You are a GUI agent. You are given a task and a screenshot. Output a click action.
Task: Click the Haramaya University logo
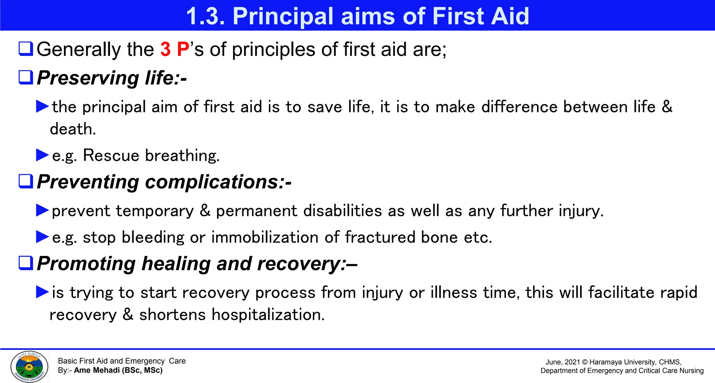click(x=29, y=367)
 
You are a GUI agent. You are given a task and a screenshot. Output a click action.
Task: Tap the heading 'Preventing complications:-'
click(x=164, y=182)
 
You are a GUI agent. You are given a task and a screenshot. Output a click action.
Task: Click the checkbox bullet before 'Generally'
click(x=26, y=49)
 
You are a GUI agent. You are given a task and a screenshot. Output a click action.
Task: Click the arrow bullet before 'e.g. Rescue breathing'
click(x=42, y=155)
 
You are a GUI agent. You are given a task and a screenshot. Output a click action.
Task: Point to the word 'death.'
click(x=73, y=129)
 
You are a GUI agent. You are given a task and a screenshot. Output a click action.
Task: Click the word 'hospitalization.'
click(x=268, y=315)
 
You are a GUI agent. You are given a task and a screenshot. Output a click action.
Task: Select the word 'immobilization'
click(x=265, y=237)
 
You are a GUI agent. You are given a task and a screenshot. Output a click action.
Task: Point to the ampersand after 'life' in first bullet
click(x=667, y=106)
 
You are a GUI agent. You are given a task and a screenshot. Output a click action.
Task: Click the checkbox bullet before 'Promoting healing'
click(x=26, y=263)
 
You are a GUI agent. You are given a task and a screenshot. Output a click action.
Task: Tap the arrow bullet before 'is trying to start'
click(x=42, y=292)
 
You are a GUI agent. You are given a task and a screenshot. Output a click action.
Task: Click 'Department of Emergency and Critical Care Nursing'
click(x=622, y=371)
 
